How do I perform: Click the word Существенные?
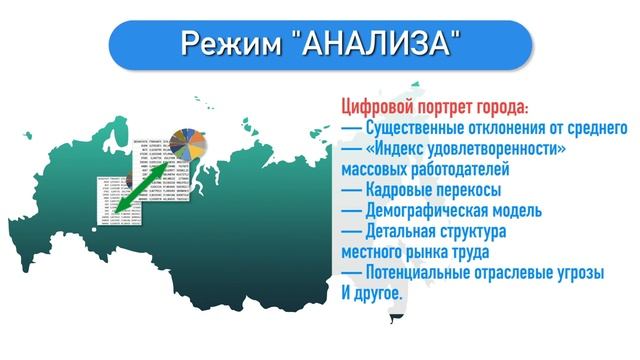424,129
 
